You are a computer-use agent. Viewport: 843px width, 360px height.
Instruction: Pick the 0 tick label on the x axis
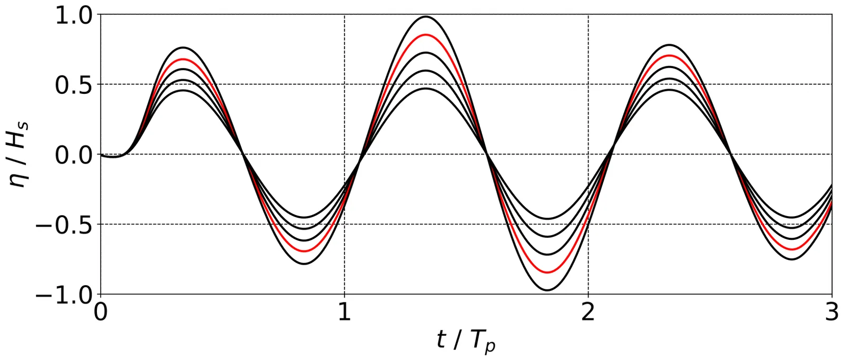(x=101, y=313)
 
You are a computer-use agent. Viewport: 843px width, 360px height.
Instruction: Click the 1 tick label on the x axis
(x=344, y=313)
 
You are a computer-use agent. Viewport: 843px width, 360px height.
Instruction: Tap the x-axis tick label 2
(x=588, y=313)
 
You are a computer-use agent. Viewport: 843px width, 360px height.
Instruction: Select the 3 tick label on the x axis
(x=831, y=313)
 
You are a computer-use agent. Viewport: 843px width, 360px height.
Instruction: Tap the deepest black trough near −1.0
(x=547, y=290)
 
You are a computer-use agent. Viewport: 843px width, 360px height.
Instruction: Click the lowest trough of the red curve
(x=547, y=273)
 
